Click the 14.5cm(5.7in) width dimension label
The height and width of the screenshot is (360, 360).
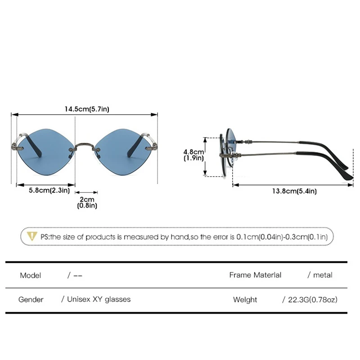(x=87, y=109)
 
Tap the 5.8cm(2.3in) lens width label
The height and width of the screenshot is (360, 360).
(x=49, y=190)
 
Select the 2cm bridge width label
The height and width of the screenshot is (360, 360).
(x=87, y=199)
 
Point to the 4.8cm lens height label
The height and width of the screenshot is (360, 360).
(x=193, y=152)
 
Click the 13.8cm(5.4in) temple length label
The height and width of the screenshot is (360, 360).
(x=294, y=191)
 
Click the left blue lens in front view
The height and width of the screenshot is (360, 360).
(x=46, y=152)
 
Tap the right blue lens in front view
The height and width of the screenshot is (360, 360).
(x=123, y=152)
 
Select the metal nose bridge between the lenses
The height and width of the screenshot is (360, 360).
(x=85, y=147)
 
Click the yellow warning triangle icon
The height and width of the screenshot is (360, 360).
(x=31, y=236)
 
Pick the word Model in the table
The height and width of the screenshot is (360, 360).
(x=31, y=275)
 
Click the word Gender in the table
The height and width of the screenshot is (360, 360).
(x=31, y=299)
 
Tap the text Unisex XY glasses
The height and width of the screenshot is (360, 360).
(x=99, y=299)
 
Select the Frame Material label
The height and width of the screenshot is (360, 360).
(x=255, y=275)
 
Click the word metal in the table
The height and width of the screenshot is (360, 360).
(x=323, y=275)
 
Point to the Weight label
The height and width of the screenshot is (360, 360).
(x=245, y=300)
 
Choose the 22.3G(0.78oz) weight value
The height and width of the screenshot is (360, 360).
(x=313, y=300)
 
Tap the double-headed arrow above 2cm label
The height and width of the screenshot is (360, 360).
(x=86, y=193)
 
